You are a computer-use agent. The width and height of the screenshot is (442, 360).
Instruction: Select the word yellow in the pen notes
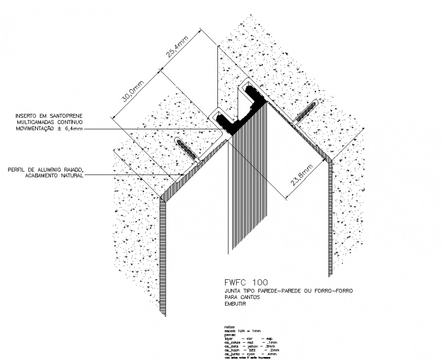pos(252,346)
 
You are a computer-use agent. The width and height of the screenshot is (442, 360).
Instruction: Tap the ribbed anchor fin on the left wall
pos(187,150)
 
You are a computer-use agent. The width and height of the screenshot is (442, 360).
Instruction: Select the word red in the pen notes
pos(250,342)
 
